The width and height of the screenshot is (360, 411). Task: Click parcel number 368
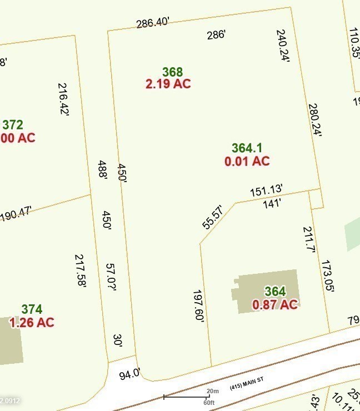tap(172, 72)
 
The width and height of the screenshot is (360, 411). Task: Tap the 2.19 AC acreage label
tap(168, 84)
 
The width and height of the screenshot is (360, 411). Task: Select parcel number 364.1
tap(247, 148)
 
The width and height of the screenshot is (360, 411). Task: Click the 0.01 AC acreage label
tap(247, 161)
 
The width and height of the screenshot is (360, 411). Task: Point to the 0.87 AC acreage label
tap(275, 304)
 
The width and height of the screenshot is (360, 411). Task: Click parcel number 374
tap(32, 309)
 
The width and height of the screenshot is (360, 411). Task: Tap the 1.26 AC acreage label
tap(32, 322)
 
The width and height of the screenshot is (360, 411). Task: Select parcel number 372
tap(13, 125)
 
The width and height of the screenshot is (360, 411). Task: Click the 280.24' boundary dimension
tap(314, 120)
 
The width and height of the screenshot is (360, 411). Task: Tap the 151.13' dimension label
tap(266, 191)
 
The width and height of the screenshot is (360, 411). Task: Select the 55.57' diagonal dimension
tap(213, 217)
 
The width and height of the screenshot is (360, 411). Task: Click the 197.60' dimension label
tap(199, 306)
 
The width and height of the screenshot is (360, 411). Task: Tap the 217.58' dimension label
tap(81, 270)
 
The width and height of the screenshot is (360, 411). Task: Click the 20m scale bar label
tap(212, 391)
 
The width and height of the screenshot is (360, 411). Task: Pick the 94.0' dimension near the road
tap(130, 375)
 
